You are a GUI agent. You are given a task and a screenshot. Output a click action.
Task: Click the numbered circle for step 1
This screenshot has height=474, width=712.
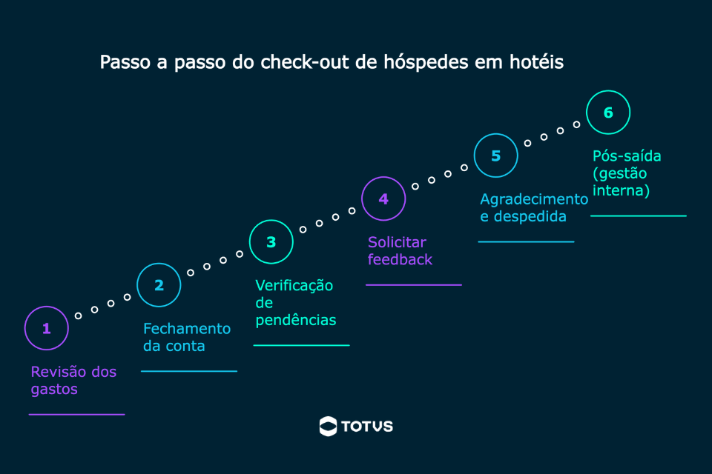pos(46,328)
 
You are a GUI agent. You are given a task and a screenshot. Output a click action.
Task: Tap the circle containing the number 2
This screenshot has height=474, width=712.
pos(159,285)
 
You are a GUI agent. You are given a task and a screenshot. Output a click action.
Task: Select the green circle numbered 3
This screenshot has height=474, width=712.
pos(271,242)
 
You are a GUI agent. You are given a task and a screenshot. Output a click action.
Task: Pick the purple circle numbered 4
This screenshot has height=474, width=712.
pos(383,198)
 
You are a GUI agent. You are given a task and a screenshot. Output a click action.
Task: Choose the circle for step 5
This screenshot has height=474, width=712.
pos(496,156)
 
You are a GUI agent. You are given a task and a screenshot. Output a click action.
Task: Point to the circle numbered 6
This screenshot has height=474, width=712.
pos(608,113)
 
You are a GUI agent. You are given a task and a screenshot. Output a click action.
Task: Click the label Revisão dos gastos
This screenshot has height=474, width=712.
pos(73,380)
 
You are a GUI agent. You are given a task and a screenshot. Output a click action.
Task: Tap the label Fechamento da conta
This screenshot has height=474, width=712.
pos(186,337)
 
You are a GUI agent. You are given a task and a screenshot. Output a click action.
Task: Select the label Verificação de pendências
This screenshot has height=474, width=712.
pos(295,303)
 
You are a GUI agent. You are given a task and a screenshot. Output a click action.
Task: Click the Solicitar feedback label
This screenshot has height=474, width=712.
pos(400,251)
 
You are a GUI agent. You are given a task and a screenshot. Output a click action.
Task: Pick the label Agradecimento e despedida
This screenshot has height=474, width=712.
pos(533,208)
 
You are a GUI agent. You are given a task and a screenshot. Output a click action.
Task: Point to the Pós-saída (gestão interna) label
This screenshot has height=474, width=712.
pos(627,173)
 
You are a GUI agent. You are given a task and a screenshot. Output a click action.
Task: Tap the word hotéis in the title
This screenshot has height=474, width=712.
pos(535,62)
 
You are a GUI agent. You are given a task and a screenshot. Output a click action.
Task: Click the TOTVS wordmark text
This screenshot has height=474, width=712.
pos(367,427)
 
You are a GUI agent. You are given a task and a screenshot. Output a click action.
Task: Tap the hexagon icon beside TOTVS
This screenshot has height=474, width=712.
pos(328,426)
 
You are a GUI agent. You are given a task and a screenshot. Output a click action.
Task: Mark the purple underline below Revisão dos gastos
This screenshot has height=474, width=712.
pos(76,415)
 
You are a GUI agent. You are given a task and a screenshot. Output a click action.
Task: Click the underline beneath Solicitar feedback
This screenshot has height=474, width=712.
pos(414,284)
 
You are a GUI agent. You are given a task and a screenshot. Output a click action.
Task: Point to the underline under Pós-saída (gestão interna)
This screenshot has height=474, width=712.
pos(638,216)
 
